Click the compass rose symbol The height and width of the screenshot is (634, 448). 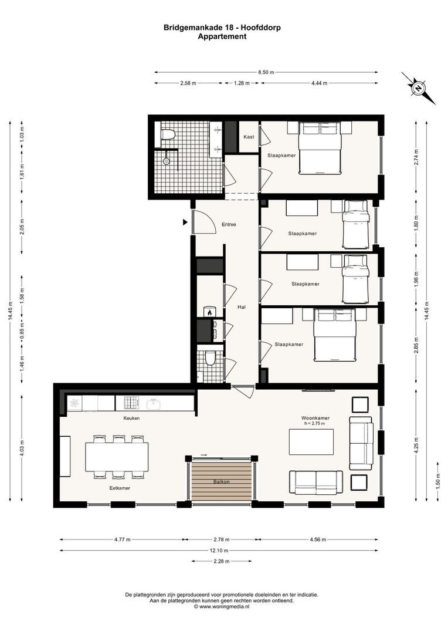click(419, 89)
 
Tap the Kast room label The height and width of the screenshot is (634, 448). click(248, 136)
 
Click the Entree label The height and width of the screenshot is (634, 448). click(229, 224)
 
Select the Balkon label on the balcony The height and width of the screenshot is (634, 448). click(221, 482)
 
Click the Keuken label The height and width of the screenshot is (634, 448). click(131, 418)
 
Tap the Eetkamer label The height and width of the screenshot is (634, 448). click(119, 488)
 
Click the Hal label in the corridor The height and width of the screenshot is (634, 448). click(241, 307)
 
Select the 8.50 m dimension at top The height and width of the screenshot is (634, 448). click(266, 72)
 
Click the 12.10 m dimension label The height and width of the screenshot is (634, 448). click(221, 551)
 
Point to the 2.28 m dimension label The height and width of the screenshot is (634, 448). click(221, 562)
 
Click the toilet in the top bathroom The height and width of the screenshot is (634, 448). click(168, 135)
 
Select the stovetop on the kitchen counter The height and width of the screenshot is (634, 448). click(130, 403)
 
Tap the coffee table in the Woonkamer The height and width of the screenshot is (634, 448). click(311, 442)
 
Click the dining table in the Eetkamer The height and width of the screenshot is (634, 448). click(117, 457)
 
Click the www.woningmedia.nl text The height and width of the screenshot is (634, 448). click(225, 606)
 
